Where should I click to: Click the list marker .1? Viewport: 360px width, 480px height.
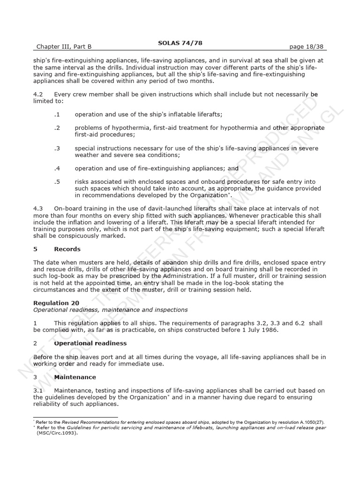tap(57, 114)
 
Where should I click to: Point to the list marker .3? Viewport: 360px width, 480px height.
tap(57, 148)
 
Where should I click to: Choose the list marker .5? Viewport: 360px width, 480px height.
tap(57, 182)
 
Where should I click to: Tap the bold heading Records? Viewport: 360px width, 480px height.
tap(67, 249)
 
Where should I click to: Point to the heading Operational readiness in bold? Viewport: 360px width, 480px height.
tap(90, 343)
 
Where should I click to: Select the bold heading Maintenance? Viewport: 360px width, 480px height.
tap(75, 377)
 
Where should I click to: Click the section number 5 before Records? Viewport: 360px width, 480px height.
tap(35, 249)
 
